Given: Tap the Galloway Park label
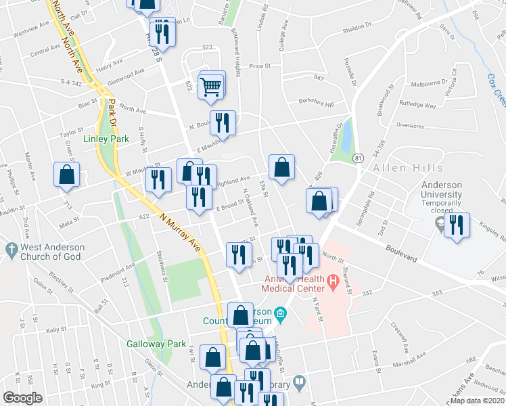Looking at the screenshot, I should (156, 344).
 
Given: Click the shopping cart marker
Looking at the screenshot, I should (211, 85).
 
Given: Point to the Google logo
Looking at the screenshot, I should (22, 398).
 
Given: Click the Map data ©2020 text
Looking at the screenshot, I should (477, 401).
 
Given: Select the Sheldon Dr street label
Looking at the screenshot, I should (358, 28).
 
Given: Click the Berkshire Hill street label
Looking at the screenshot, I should (317, 104).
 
